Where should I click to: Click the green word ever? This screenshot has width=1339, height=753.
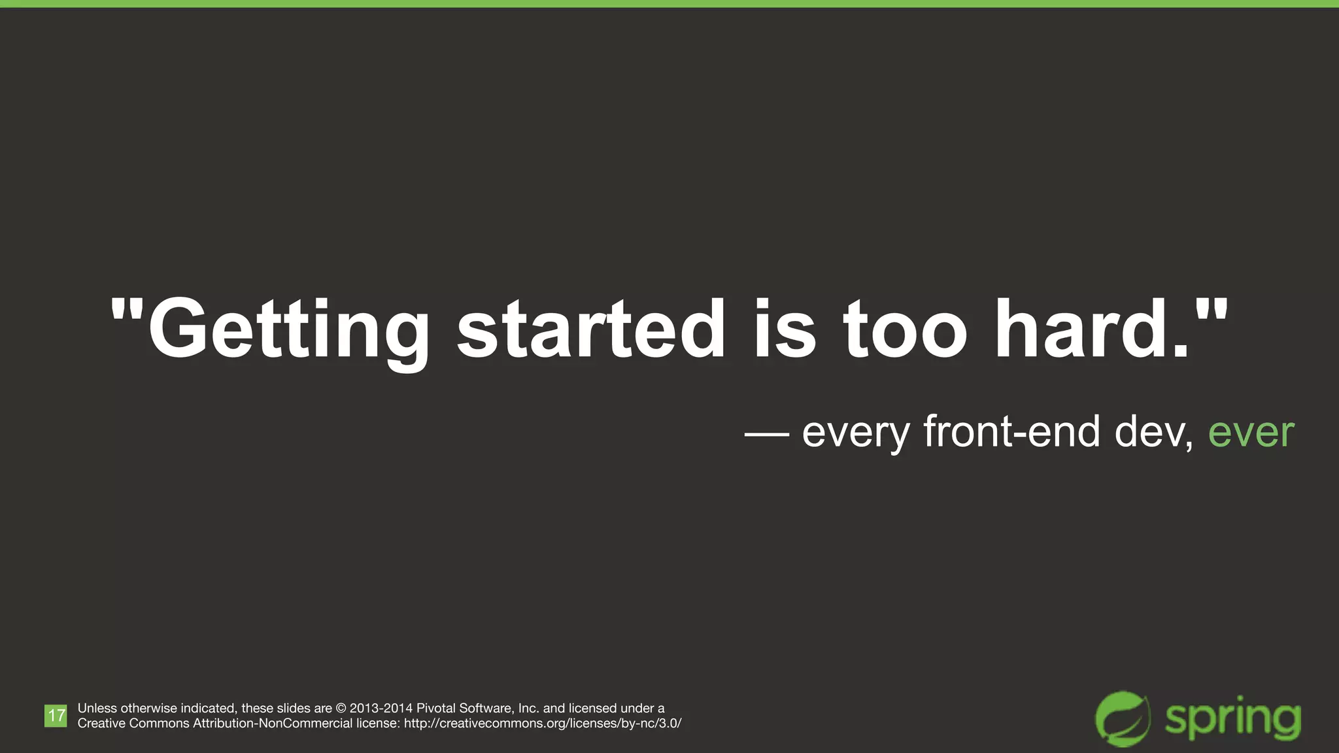[x=1251, y=433]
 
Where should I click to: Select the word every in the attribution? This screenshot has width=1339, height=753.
[x=856, y=433]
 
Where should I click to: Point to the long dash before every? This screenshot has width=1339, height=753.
[x=766, y=433]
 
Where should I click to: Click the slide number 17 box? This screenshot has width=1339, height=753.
[x=56, y=716]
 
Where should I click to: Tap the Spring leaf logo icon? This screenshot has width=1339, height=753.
[x=1123, y=718]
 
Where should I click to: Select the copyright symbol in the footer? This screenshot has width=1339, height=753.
[x=341, y=709]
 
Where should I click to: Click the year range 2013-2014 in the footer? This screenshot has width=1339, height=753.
[x=381, y=709]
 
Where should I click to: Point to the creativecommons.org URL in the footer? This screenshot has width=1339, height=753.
[x=543, y=724]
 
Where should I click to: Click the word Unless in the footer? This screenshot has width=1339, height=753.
[x=97, y=709]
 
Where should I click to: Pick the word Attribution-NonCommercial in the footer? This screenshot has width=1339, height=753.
[x=273, y=724]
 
